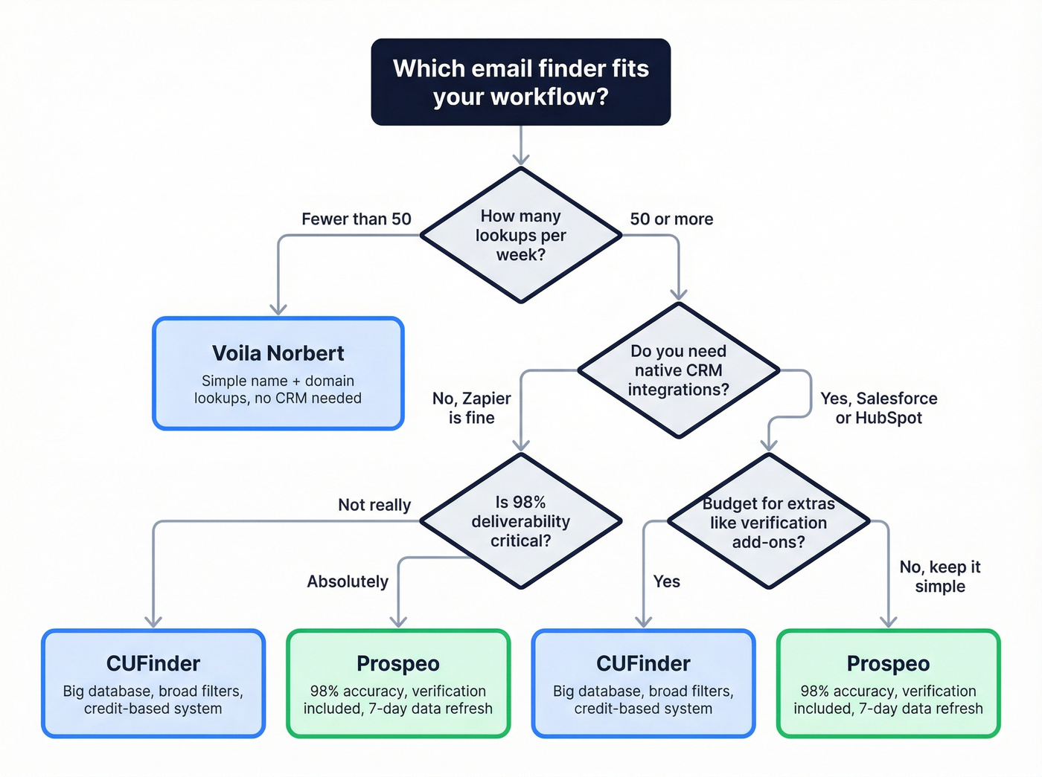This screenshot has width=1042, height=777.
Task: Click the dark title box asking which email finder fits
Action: (521, 82)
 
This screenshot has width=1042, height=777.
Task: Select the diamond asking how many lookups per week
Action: (521, 235)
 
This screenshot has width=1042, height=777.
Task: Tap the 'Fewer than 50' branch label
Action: (356, 219)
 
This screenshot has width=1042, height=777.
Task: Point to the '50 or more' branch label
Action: (671, 219)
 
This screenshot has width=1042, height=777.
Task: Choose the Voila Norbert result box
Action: (278, 373)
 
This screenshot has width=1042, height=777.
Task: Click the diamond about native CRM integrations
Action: (678, 370)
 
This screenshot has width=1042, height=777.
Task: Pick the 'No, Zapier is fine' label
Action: (471, 408)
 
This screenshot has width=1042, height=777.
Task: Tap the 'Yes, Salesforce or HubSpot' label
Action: (878, 408)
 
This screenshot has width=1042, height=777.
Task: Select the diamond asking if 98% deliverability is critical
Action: (521, 521)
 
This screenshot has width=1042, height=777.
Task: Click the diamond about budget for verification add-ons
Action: (768, 523)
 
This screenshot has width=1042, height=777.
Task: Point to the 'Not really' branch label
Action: (374, 505)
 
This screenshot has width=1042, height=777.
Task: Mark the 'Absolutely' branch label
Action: (348, 581)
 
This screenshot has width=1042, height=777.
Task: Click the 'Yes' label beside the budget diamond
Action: (666, 581)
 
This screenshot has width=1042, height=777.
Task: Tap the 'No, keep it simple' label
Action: (939, 576)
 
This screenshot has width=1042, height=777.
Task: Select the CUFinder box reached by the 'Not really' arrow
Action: (153, 683)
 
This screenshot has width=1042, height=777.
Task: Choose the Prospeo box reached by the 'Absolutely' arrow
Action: (398, 683)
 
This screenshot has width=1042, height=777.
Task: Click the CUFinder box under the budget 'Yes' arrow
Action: (643, 683)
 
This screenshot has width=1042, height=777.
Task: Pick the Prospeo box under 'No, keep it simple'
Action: (888, 683)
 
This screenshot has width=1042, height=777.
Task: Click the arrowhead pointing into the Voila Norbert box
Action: (278, 309)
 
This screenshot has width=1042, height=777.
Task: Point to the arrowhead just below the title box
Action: (521, 158)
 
